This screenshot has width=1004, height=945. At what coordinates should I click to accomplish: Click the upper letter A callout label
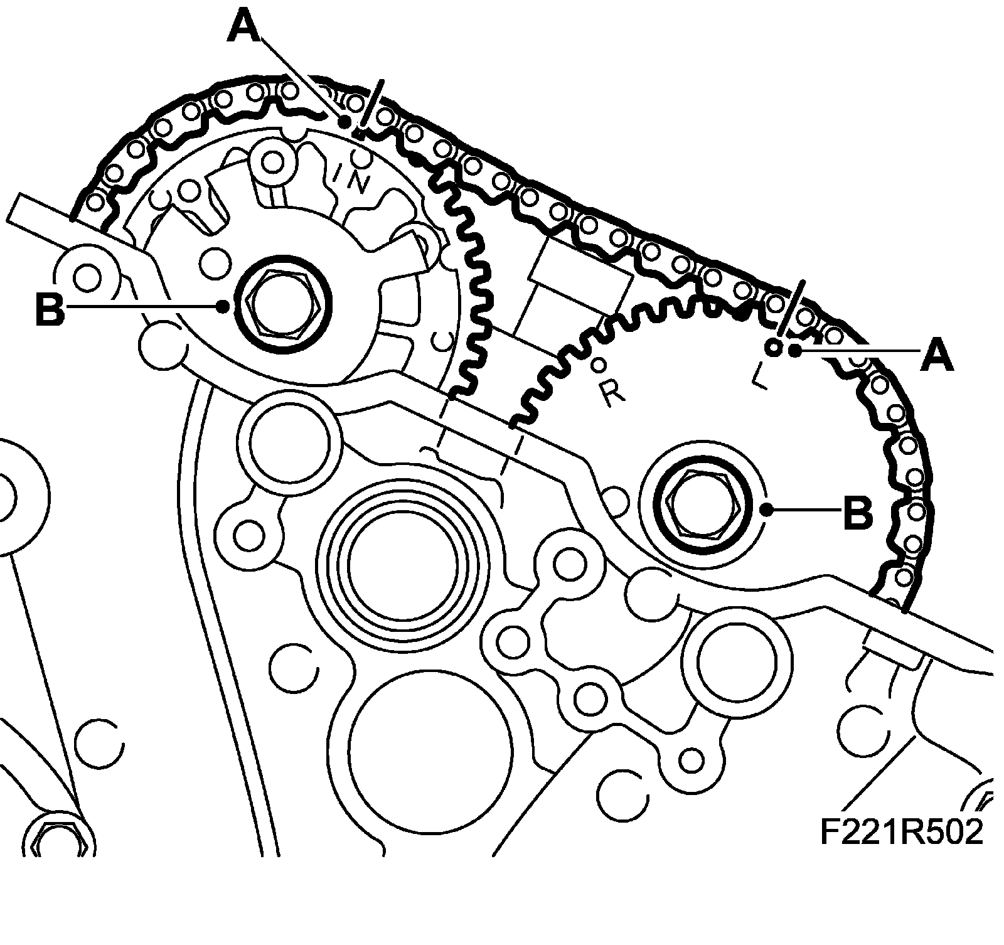click(x=245, y=28)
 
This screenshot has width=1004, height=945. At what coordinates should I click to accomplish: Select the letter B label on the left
click(x=50, y=307)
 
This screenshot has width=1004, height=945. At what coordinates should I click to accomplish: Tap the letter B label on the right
click(x=858, y=511)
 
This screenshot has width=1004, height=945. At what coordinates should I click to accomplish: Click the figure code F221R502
click(x=901, y=833)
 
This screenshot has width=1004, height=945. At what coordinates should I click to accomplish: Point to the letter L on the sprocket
click(x=760, y=376)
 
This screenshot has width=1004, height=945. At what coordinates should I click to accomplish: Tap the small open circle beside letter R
click(x=599, y=363)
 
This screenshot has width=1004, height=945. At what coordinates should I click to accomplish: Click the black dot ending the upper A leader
click(x=344, y=122)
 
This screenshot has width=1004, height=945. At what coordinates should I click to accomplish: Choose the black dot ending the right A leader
click(x=795, y=351)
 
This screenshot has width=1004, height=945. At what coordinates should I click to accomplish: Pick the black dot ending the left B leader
click(x=222, y=307)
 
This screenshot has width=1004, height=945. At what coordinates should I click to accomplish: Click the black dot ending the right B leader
click(x=767, y=511)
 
